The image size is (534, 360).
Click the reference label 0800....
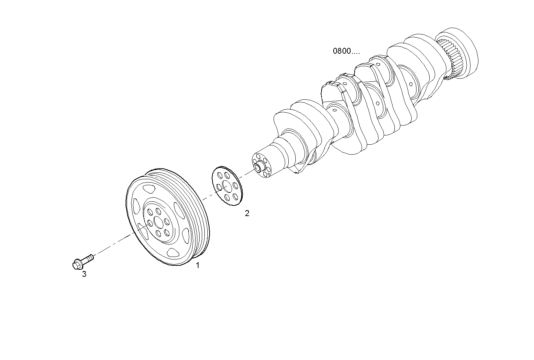point(346,51)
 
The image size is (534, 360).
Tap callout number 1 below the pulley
point(197,265)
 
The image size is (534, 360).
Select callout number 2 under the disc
point(247,213)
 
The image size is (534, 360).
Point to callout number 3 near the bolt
point(84,274)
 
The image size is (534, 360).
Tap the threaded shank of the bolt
point(88,259)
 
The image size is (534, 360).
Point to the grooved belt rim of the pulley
point(199,213)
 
